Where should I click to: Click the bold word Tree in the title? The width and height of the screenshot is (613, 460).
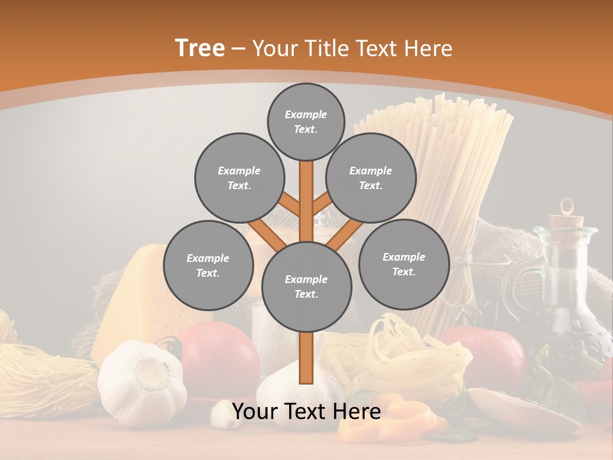click(x=200, y=48)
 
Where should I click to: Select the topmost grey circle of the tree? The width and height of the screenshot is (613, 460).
click(x=306, y=121)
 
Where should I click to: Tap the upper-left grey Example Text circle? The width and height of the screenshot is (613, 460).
click(x=239, y=178)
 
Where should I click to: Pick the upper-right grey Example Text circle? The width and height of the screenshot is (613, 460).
click(x=370, y=178)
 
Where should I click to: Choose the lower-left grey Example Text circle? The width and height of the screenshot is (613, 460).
click(x=208, y=265)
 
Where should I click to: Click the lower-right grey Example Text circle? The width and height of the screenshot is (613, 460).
click(x=404, y=264)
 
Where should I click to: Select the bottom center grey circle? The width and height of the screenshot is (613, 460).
click(x=306, y=286)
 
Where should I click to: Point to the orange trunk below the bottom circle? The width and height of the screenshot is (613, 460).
click(x=306, y=358)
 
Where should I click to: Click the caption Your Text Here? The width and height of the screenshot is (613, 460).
click(x=306, y=412)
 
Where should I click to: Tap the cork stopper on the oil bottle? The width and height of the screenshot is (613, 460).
click(x=566, y=217)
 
